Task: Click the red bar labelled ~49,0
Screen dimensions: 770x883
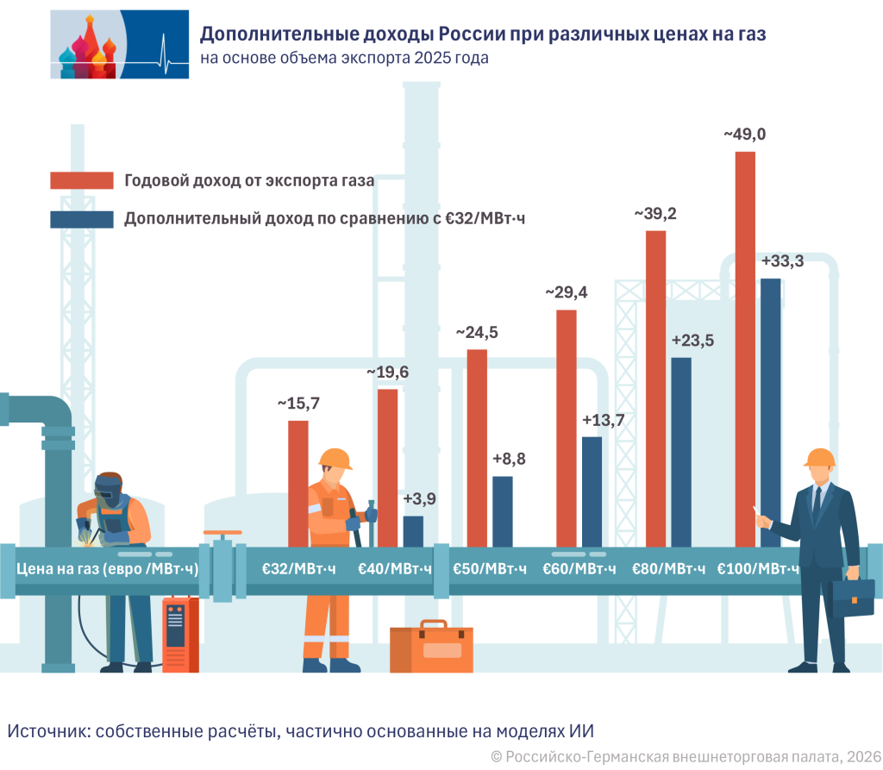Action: click(745, 345)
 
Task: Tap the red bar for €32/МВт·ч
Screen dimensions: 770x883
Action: click(298, 483)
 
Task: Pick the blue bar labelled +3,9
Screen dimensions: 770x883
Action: click(413, 530)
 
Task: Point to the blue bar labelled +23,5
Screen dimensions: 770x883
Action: click(680, 448)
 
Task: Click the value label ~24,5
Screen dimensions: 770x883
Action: click(477, 333)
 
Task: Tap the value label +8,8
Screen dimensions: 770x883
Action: click(509, 460)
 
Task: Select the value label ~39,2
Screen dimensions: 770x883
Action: click(655, 214)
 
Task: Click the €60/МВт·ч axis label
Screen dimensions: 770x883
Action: click(579, 569)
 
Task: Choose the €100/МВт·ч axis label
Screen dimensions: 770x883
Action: click(758, 569)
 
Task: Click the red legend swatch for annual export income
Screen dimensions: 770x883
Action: click(82, 180)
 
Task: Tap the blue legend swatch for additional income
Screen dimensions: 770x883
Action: click(82, 219)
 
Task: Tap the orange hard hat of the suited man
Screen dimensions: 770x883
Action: click(819, 457)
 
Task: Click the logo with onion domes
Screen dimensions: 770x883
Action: click(119, 44)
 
